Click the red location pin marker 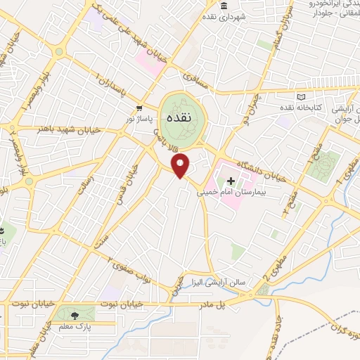(x=181, y=166)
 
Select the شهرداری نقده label (x=226, y=16)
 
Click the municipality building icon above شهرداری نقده (x=224, y=6)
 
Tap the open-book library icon (x=302, y=96)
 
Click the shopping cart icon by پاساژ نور (x=140, y=109)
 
